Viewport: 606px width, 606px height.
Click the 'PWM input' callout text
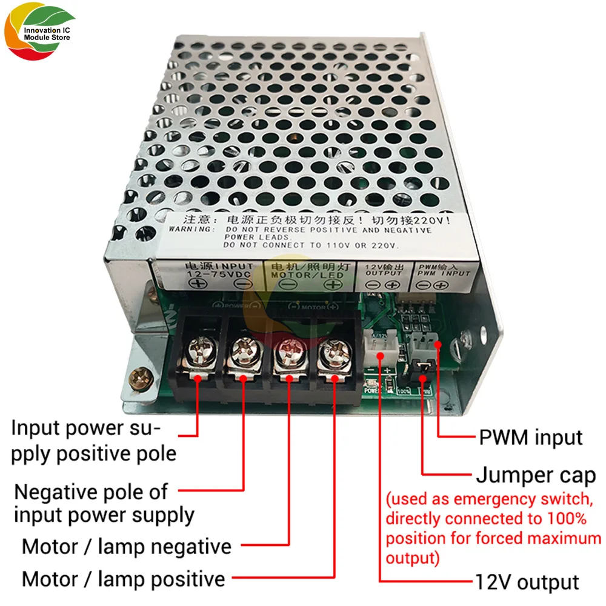[530, 437]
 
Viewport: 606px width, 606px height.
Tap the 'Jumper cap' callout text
[536, 476]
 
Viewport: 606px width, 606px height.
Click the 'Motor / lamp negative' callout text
[127, 547]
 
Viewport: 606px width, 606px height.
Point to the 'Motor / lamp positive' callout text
[124, 579]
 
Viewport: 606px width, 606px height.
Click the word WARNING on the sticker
[190, 230]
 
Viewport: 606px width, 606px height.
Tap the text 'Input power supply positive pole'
[94, 441]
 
